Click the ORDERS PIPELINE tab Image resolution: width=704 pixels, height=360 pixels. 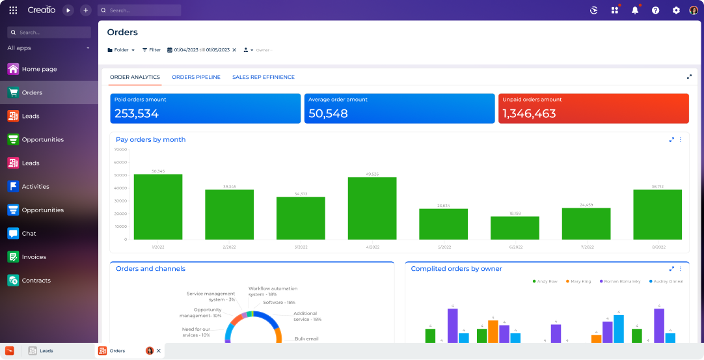196,77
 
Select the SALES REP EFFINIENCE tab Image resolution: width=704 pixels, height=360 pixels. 264,77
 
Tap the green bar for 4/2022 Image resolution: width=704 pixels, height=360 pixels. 372,208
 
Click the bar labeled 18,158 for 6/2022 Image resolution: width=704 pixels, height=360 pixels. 515,228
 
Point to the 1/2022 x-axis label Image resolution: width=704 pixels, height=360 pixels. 158,247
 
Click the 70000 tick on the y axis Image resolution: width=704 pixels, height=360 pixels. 120,150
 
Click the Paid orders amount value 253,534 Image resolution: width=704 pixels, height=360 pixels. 137,114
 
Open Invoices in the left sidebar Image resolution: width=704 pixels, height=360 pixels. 34,257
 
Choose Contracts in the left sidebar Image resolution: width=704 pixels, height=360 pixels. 36,281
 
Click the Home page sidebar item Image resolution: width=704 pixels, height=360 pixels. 39,69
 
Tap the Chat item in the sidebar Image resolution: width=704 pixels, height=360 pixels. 29,234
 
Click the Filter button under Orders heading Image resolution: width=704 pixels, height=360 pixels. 152,50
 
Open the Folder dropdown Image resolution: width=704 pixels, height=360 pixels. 121,50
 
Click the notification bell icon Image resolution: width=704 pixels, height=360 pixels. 635,10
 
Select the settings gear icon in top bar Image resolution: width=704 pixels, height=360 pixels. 676,10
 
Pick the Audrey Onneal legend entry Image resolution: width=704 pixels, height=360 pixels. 666,281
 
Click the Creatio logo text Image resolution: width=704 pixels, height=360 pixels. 42,10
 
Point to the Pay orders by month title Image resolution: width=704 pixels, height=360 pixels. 151,139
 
